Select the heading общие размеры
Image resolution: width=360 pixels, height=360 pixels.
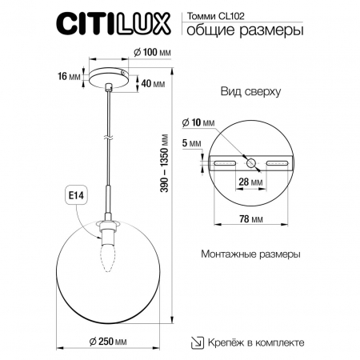click(x=243, y=32)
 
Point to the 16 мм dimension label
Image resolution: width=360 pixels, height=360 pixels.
click(x=69, y=77)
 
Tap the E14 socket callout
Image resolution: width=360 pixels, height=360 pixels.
click(x=66, y=194)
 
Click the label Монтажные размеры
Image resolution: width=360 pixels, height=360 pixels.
click(x=249, y=255)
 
